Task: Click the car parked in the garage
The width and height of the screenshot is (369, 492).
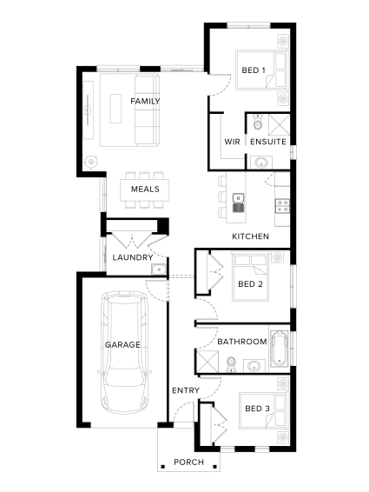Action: [124, 352]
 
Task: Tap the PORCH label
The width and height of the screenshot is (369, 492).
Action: [188, 462]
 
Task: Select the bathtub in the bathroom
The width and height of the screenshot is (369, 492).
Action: [280, 349]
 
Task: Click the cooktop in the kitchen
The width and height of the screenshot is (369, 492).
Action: [282, 206]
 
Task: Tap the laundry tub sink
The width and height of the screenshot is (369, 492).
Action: [159, 269]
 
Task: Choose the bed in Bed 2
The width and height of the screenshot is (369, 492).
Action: [250, 276]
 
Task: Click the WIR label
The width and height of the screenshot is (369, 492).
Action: [232, 142]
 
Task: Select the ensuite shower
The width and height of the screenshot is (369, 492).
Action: [279, 125]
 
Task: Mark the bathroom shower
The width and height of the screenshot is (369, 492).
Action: [207, 362]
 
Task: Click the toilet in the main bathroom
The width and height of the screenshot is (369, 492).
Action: [231, 364]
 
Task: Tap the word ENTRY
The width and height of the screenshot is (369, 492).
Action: [186, 390]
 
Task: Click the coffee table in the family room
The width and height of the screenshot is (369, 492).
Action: [115, 109]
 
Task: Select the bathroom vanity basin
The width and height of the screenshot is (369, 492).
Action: [254, 366]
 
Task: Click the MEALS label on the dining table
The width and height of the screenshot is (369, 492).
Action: [145, 189]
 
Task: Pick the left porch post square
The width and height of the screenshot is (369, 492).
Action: [162, 467]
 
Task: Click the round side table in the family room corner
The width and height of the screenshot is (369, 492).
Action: [91, 162]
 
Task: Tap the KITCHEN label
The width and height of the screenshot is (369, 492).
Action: [251, 236]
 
